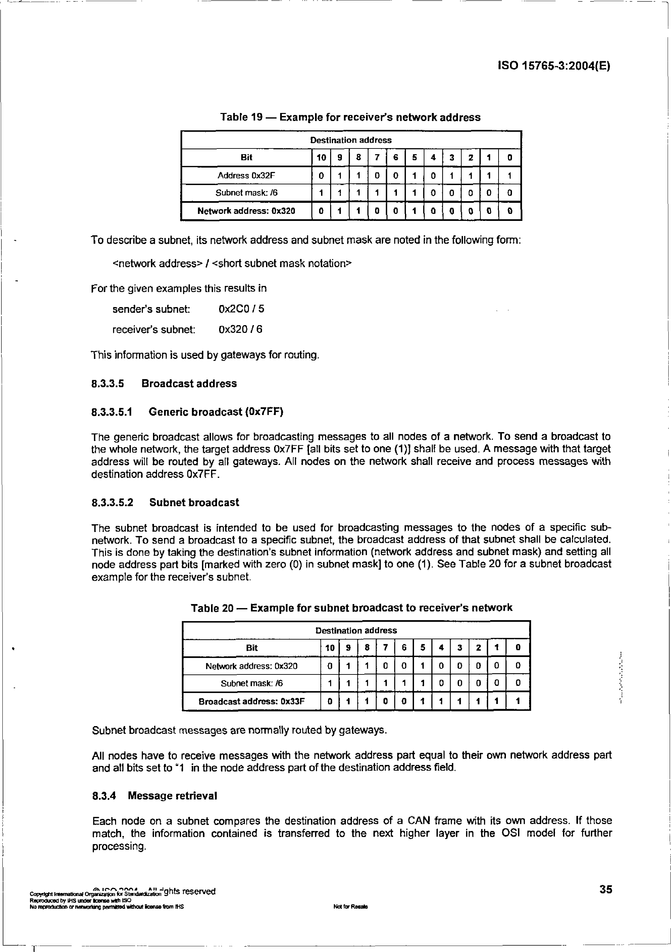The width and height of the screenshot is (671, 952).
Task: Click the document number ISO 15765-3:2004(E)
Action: point(554,66)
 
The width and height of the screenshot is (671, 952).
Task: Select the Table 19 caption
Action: point(350,117)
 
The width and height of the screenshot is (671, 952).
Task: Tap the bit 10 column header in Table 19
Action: point(321,158)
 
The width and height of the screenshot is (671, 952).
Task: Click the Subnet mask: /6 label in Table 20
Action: point(252,683)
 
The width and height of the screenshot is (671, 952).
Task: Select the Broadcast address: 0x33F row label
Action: point(252,702)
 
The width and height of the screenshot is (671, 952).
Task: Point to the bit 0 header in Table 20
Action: point(517,648)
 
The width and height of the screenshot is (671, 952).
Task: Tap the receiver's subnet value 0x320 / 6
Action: point(240,330)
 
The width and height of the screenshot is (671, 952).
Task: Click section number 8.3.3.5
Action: point(107,383)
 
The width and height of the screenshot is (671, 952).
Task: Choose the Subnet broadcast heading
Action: point(194,502)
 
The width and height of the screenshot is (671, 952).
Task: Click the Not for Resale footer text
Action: point(350,906)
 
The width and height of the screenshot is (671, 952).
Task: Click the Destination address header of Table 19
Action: point(351,140)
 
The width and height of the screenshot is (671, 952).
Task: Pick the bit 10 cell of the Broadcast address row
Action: point(330,702)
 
